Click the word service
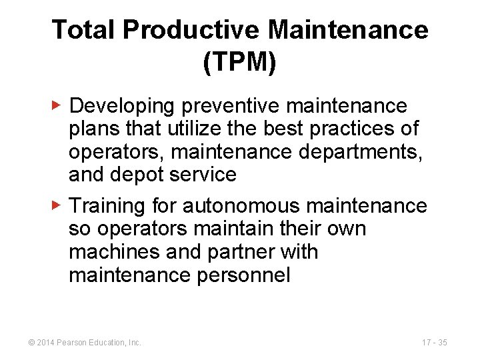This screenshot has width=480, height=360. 203,175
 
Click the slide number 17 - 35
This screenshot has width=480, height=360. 434,343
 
